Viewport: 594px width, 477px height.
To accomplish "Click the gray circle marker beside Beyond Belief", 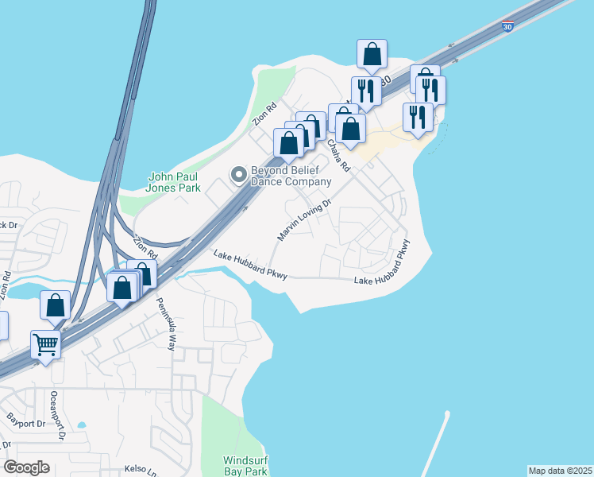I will (237, 174).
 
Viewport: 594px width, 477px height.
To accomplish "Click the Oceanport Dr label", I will (56, 414).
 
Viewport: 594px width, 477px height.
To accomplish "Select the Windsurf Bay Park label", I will (245, 466).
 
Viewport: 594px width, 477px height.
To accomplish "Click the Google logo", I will (26, 467).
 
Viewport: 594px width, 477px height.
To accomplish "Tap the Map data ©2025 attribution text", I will (561, 471).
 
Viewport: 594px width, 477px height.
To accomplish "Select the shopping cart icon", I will (46, 344).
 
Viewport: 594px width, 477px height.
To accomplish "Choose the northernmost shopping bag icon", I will (372, 53).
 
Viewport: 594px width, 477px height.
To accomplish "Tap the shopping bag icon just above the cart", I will (56, 304).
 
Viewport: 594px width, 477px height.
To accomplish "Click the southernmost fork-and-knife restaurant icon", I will (418, 117).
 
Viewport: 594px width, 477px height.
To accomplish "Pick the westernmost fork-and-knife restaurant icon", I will (366, 90).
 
